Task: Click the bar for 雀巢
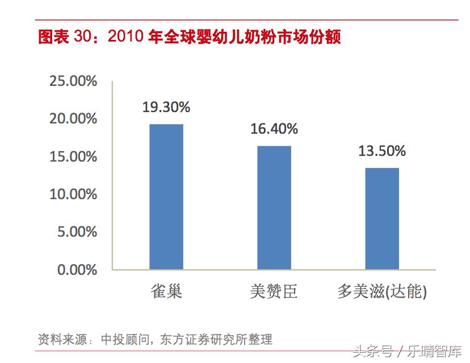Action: pos(166,196)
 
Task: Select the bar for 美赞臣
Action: pos(274,207)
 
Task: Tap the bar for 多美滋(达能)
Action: pos(382,218)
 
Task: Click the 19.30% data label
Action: pos(166,107)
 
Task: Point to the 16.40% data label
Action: pos(274,129)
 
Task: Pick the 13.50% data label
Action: pos(382,151)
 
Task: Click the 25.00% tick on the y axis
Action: pos(73,81)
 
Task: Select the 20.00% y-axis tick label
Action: pos(73,119)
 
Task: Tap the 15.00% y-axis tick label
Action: pos(73,156)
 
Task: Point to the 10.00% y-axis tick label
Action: pos(73,194)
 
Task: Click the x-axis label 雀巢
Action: pos(166,292)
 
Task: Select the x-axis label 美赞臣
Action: pos(274,292)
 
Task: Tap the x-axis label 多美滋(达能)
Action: pos(381,292)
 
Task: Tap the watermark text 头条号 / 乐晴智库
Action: pos(407,351)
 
